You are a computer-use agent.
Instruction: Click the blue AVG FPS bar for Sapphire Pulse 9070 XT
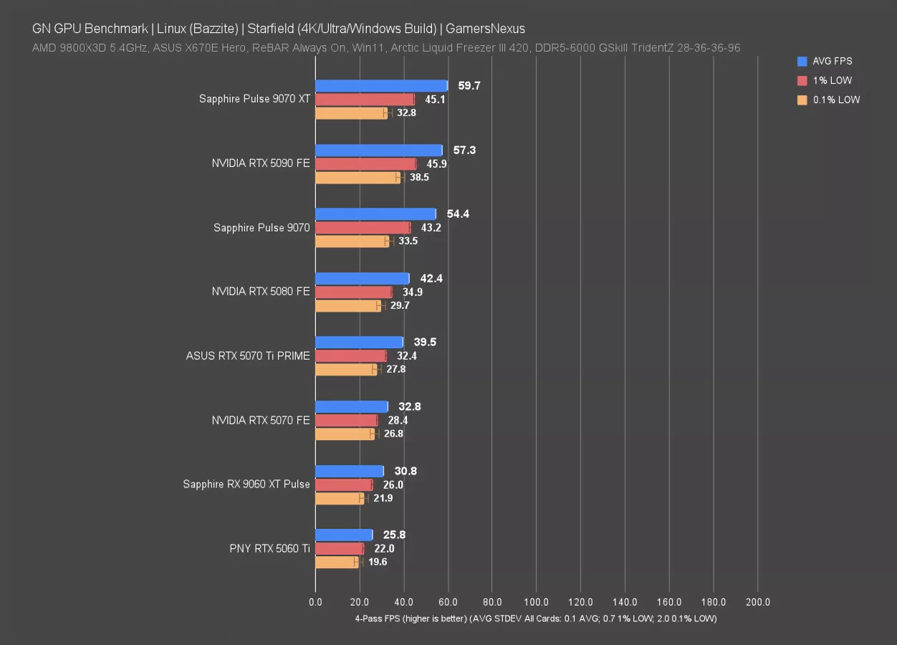tap(381, 86)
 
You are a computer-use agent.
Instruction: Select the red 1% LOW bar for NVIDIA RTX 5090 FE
tap(365, 164)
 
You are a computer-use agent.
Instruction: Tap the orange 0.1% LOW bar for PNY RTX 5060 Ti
tap(336, 562)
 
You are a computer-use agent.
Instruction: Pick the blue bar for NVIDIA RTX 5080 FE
tap(362, 278)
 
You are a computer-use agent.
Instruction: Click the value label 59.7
tap(469, 86)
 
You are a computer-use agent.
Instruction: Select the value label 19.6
tap(378, 562)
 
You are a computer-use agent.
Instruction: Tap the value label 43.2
tap(431, 228)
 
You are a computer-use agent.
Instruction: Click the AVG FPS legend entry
tap(832, 62)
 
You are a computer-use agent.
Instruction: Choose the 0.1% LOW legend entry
tap(836, 100)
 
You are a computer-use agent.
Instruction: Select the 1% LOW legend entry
tap(832, 81)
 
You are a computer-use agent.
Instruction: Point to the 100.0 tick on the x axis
tap(536, 603)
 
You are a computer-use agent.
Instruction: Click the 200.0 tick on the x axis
tap(757, 603)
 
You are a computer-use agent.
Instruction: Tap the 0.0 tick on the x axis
tap(315, 603)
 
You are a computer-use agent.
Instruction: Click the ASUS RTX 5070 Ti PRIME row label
tap(248, 356)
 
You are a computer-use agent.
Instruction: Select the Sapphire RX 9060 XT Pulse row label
tap(246, 484)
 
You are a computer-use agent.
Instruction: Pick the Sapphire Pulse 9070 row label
tap(262, 228)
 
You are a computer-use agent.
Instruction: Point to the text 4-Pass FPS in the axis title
tap(378, 618)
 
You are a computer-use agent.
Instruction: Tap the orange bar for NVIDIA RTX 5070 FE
tap(345, 434)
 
